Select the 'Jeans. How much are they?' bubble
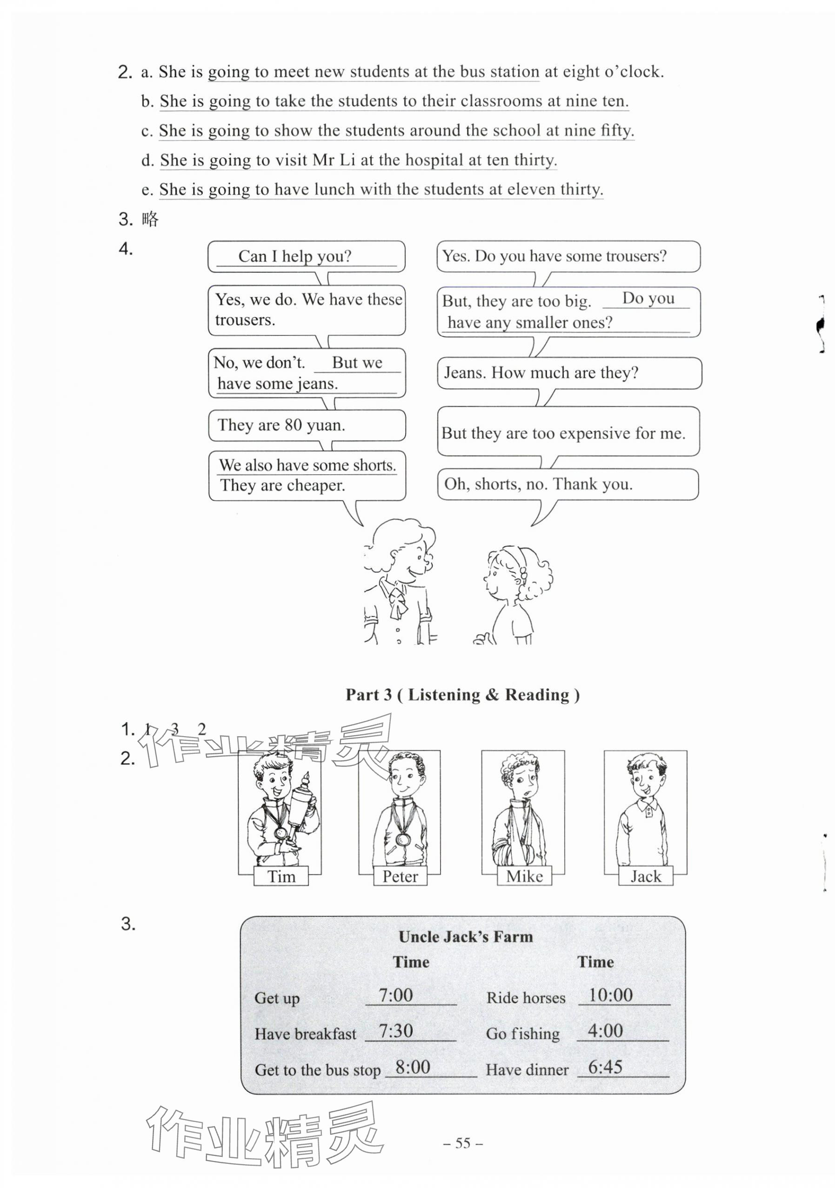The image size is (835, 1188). point(568,373)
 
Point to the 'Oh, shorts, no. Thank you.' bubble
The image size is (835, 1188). point(568,484)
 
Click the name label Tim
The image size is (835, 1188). point(281,877)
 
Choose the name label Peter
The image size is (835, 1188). point(400,877)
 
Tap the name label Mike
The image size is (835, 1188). point(524,877)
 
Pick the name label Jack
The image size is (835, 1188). point(646,877)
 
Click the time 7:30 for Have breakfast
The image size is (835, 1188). point(396,1031)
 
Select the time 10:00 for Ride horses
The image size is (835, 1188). point(610,995)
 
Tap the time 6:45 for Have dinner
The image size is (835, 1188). point(605,1067)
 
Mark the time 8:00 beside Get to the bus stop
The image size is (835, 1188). point(412,1067)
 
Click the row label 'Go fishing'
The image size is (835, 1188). point(522,1034)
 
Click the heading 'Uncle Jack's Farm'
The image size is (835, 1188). point(466,937)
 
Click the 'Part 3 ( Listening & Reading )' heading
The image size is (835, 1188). point(462,694)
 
